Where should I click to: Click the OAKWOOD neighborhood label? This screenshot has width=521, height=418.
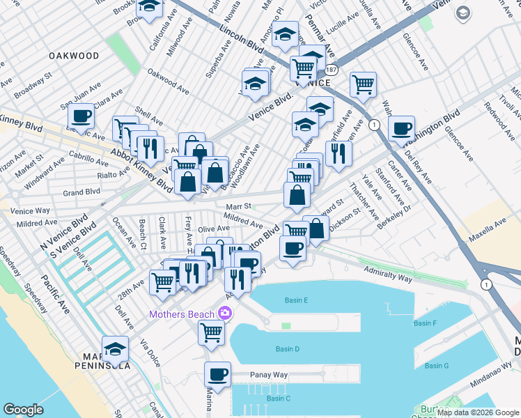point(74,56)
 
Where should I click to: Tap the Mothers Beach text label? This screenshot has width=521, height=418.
point(180,314)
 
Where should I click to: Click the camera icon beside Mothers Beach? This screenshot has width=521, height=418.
point(225,314)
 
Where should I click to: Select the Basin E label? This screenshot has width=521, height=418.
point(296,300)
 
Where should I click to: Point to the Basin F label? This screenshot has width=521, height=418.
point(424,323)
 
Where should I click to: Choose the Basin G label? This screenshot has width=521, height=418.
point(437,366)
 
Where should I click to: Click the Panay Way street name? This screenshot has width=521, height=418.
point(270,375)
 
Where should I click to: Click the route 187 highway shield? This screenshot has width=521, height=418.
point(331,70)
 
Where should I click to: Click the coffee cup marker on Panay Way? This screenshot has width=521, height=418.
point(217,375)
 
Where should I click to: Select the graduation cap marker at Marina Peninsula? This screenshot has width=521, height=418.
point(115,348)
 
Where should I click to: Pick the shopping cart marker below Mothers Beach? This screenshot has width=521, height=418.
point(210,332)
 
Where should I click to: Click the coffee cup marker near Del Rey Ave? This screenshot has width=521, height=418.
point(401,129)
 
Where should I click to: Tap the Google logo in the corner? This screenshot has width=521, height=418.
point(24,410)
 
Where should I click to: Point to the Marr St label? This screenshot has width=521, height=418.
point(238,206)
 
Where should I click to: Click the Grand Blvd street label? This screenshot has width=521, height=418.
point(81,192)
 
